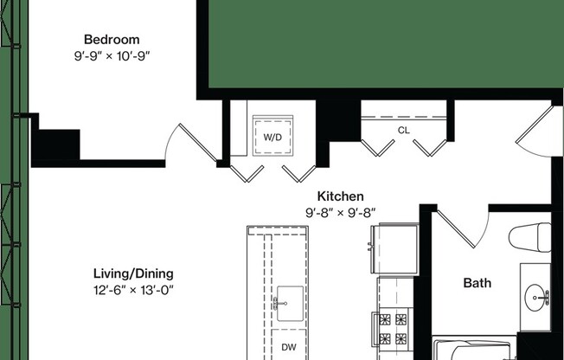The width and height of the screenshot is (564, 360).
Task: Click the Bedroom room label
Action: (x=111, y=40)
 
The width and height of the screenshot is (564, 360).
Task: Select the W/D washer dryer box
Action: (x=272, y=137)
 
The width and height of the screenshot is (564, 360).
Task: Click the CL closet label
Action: (x=403, y=131)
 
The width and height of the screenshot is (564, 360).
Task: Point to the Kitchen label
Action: (x=340, y=196)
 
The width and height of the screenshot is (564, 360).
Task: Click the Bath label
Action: (x=477, y=283)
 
